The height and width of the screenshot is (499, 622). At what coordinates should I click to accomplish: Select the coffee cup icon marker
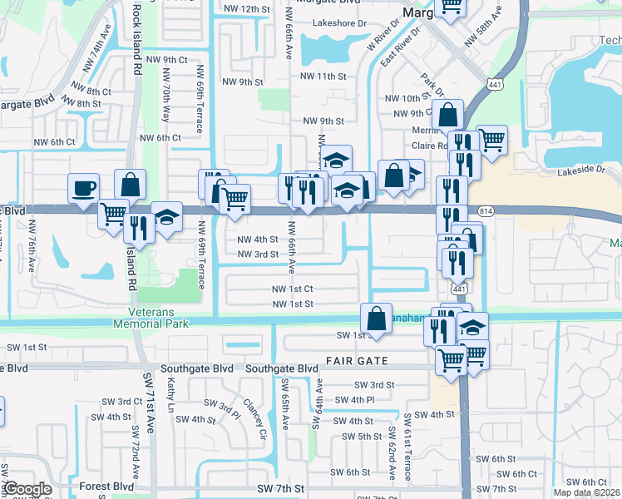[x=83, y=188]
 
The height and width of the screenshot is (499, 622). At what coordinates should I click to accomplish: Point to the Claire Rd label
[x=431, y=146]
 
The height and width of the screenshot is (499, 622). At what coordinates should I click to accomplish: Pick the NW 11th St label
[x=323, y=77]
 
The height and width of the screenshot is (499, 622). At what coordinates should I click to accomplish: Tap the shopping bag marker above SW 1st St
[x=376, y=319]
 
